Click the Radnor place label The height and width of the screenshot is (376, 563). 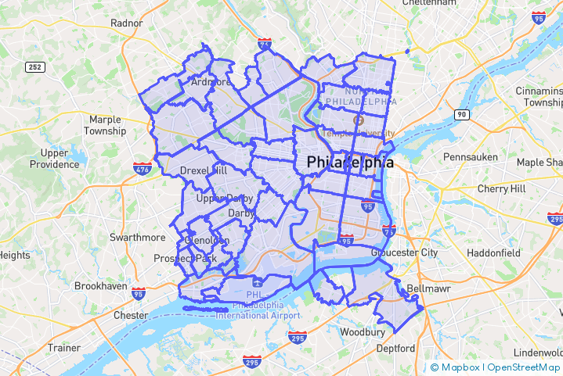coord(127,23)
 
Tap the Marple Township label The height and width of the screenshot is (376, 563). coord(106,125)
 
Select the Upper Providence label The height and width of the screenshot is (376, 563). coord(55,159)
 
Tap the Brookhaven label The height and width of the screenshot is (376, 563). coord(100,286)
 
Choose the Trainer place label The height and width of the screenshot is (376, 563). coord(64,347)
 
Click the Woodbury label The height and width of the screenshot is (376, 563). coord(363,331)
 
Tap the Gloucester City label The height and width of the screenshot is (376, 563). coord(405,252)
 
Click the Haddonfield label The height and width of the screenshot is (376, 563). coord(493,253)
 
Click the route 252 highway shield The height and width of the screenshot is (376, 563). coord(34,67)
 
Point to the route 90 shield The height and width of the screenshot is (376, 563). coord(462,115)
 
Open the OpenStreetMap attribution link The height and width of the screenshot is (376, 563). coord(524,367)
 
